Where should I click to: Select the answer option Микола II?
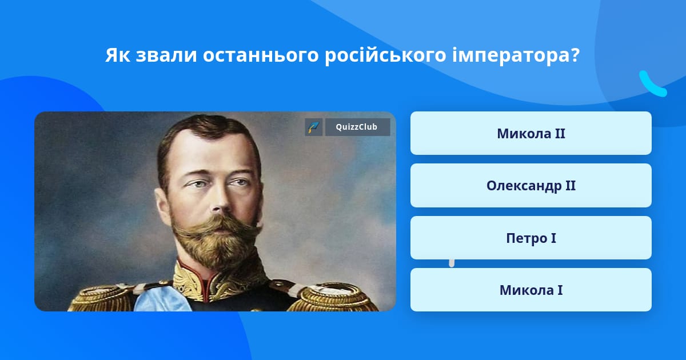tap(531, 133)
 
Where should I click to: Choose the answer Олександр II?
tap(531, 186)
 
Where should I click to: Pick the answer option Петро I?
tap(531, 238)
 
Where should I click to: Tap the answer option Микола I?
tap(531, 290)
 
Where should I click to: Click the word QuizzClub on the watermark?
tap(357, 127)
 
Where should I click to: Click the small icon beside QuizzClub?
tap(314, 127)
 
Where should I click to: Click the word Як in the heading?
tap(117, 55)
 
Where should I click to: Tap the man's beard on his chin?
tap(217, 248)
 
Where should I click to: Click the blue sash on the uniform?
tap(162, 298)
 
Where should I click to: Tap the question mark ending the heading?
tap(574, 55)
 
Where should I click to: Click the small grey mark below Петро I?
tap(452, 263)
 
